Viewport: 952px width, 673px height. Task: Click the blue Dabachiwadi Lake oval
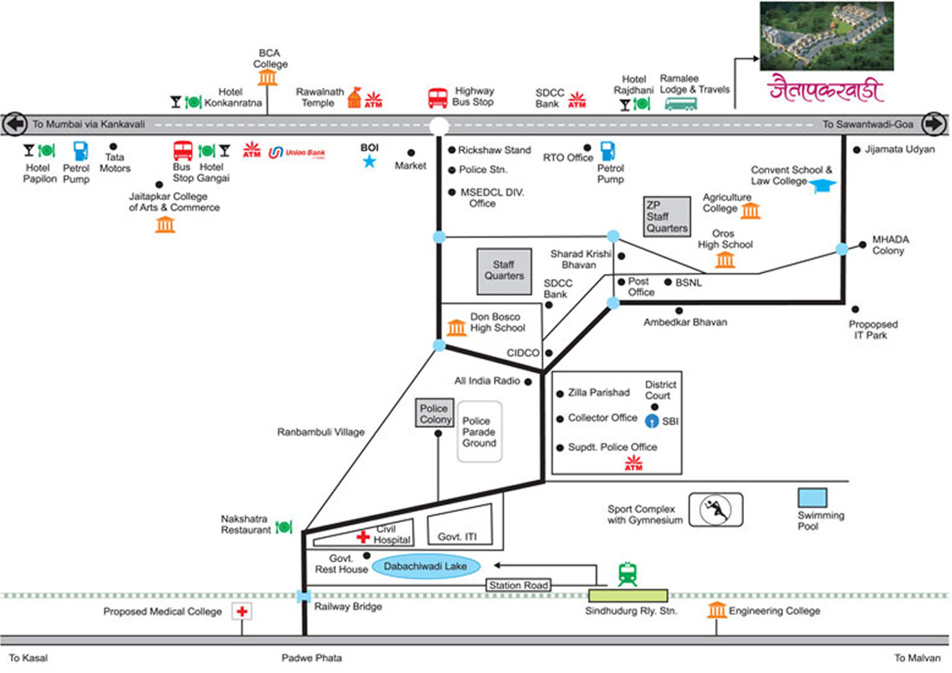[425, 566]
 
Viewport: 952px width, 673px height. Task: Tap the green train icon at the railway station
[627, 575]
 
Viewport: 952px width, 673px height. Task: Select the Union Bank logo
[297, 153]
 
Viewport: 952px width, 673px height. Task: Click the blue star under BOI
[369, 161]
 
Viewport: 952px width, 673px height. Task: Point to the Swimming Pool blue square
[812, 498]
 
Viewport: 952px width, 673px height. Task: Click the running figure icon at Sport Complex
[715, 509]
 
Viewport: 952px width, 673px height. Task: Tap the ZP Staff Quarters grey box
[666, 216]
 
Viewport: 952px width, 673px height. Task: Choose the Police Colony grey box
[434, 413]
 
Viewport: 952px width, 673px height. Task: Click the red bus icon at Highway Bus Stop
[438, 98]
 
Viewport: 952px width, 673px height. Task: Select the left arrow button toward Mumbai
[15, 124]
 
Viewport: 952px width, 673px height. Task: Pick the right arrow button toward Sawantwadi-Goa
[934, 124]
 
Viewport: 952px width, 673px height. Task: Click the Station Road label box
[518, 586]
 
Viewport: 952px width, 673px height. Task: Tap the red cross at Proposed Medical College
[242, 612]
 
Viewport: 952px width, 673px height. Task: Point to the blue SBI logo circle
[651, 421]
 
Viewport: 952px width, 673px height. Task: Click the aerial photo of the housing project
[826, 37]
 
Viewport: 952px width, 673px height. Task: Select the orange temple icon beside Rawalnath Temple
[354, 98]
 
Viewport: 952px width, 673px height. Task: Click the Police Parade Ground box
[479, 432]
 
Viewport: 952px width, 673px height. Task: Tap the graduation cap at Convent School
[823, 186]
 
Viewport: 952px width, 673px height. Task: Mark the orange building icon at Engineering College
[717, 610]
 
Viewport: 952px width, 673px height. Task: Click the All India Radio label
[487, 381]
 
